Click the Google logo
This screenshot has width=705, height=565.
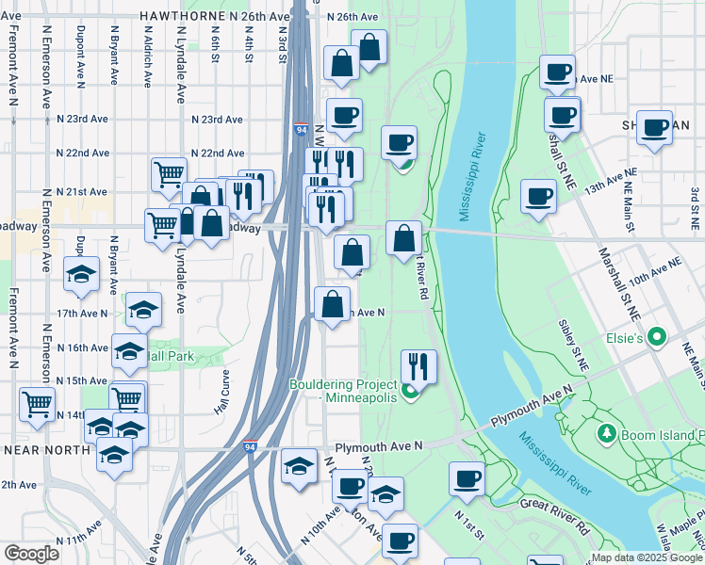(31, 554)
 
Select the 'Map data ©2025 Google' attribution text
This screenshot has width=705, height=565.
(647, 557)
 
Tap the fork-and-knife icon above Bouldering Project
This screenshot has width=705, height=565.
(418, 365)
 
